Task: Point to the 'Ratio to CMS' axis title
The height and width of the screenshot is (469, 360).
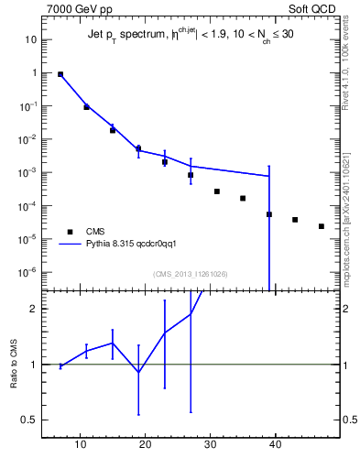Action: click(x=15, y=364)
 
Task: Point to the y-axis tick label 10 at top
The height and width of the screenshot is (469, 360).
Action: click(x=30, y=39)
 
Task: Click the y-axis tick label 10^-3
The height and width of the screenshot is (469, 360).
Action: click(x=27, y=172)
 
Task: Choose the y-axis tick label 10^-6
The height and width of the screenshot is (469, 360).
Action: click(x=27, y=272)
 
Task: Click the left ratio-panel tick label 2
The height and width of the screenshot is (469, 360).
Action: click(x=32, y=309)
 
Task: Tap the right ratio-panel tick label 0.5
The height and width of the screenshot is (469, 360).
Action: click(x=348, y=420)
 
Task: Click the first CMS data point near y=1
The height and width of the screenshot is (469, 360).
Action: click(x=60, y=74)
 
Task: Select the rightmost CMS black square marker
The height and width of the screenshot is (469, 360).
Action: click(x=322, y=226)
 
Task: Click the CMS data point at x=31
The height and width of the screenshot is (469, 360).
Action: click(x=217, y=191)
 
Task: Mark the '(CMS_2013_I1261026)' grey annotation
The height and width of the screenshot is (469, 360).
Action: click(x=191, y=274)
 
